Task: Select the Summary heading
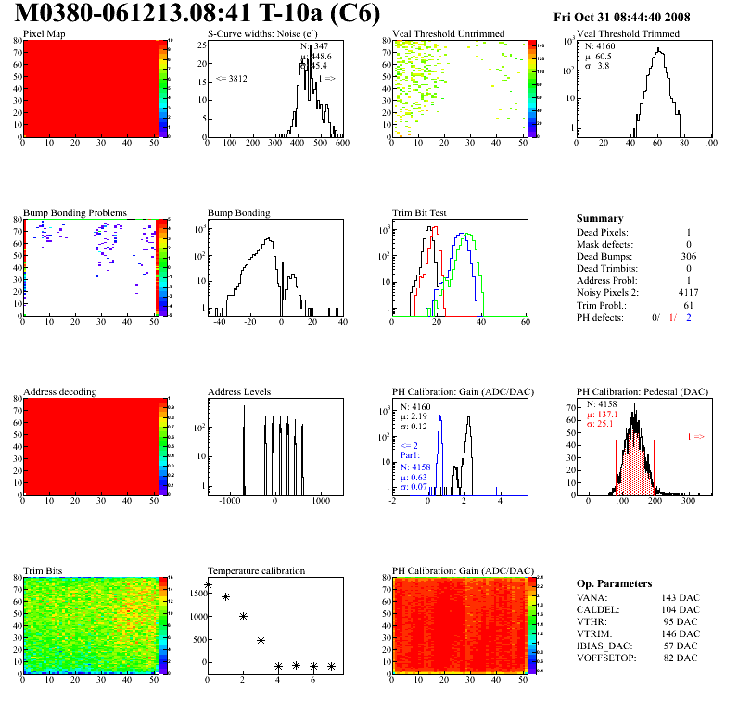click(600, 218)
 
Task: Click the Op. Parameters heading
click(615, 582)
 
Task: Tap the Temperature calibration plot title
click(257, 570)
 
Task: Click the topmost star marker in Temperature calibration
click(208, 584)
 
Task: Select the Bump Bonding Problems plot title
click(75, 212)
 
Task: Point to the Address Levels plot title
click(240, 391)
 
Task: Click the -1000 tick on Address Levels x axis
click(227, 500)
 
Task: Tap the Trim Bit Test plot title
click(420, 212)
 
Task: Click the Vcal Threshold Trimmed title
click(628, 33)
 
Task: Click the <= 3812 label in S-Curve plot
click(231, 79)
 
